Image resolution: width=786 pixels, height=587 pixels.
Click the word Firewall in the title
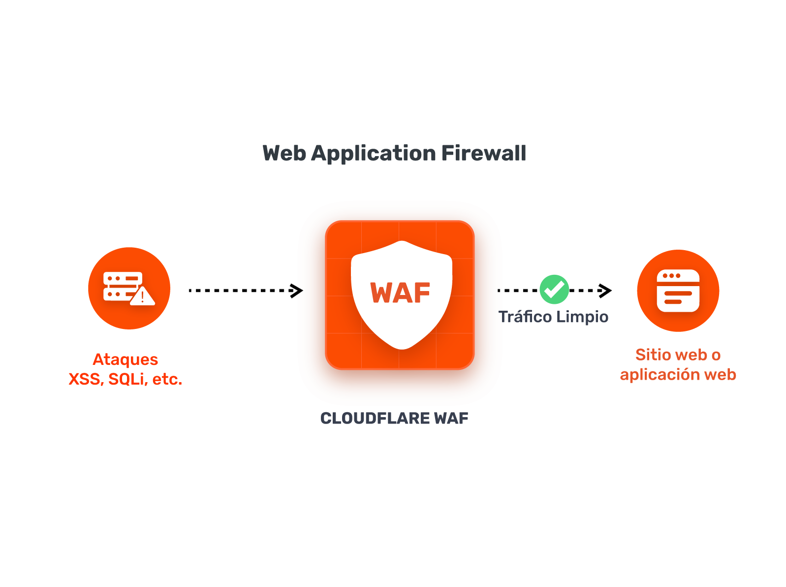pyautogui.click(x=484, y=153)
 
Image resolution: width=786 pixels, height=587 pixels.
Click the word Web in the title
pyautogui.click(x=284, y=153)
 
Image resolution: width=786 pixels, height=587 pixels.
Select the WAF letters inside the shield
pyautogui.click(x=400, y=293)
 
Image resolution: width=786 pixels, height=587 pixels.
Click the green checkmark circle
pyautogui.click(x=554, y=290)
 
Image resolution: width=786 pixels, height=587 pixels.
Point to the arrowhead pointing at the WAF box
pyautogui.click(x=297, y=291)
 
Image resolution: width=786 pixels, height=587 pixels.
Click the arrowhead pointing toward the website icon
pyautogui.click(x=605, y=291)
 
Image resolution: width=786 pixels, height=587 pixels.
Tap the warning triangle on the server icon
pyautogui.click(x=143, y=297)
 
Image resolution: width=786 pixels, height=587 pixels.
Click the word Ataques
pyautogui.click(x=126, y=360)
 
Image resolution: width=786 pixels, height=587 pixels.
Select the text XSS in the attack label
pyautogui.click(x=84, y=379)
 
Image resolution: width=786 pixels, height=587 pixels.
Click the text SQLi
pyautogui.click(x=127, y=379)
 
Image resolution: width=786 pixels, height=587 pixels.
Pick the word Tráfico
pyautogui.click(x=525, y=317)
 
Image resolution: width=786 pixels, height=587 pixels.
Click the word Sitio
pyautogui.click(x=653, y=355)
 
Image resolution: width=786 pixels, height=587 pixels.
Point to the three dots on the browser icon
pyautogui.click(x=671, y=276)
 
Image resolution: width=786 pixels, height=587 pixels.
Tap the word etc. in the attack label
pyautogui.click(x=167, y=379)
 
